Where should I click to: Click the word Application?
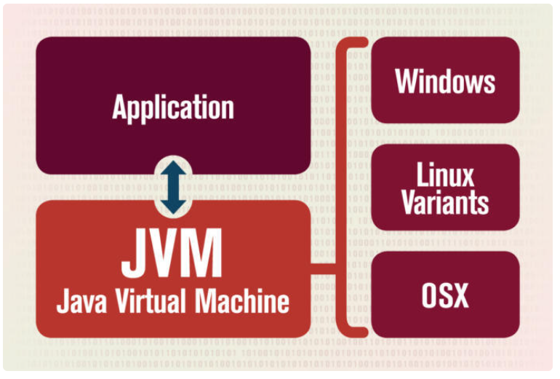[173, 108]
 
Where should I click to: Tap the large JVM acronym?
[172, 254]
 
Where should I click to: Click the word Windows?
[445, 81]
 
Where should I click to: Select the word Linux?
[445, 175]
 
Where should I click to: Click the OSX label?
[445, 295]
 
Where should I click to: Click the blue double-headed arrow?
[173, 187]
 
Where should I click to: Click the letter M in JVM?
[204, 254]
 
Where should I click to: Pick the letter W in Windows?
[407, 81]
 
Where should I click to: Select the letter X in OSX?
[461, 295]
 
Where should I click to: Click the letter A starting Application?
[119, 108]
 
